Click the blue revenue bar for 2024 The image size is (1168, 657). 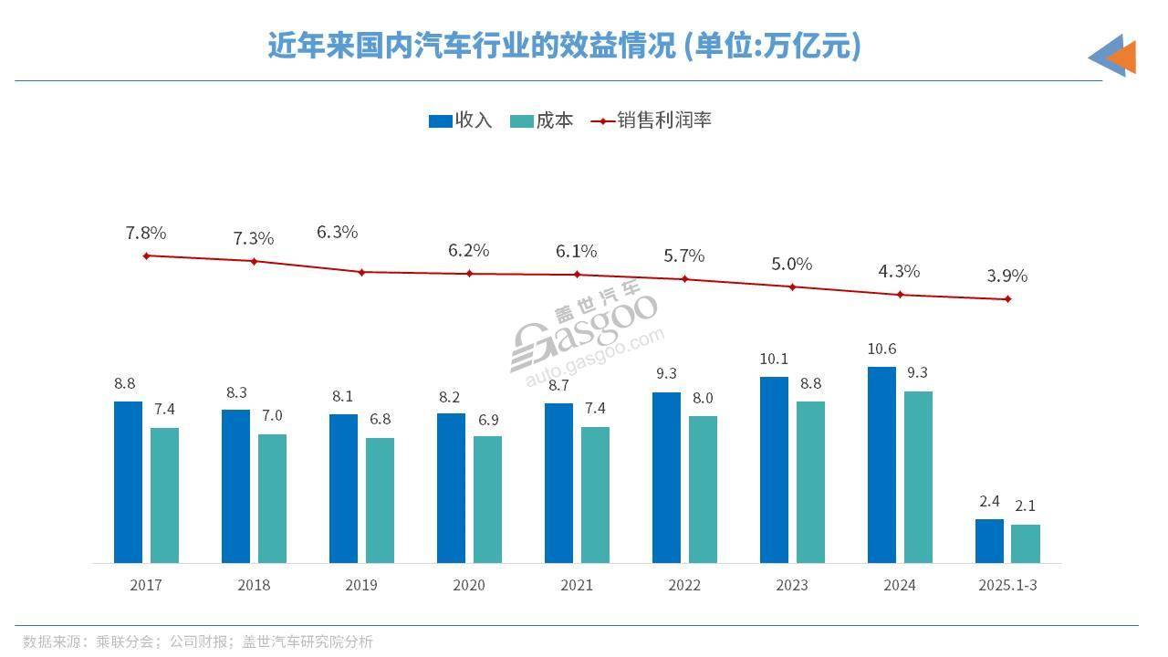881,464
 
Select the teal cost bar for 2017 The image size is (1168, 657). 164,495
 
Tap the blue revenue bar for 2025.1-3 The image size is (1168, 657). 989,540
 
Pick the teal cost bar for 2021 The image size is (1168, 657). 595,495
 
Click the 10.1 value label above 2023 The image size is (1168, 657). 774,359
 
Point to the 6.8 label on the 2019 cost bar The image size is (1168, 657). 381,420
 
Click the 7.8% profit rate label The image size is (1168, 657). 146,234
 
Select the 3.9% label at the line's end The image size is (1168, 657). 1007,276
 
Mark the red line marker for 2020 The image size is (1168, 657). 470,273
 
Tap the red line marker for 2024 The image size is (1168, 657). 900,294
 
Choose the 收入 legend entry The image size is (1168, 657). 461,120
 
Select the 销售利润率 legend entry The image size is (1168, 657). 652,120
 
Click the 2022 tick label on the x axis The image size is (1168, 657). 684,585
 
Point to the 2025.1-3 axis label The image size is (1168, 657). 1007,585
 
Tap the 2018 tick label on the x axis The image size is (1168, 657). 254,585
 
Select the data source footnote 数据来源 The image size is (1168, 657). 198,641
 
